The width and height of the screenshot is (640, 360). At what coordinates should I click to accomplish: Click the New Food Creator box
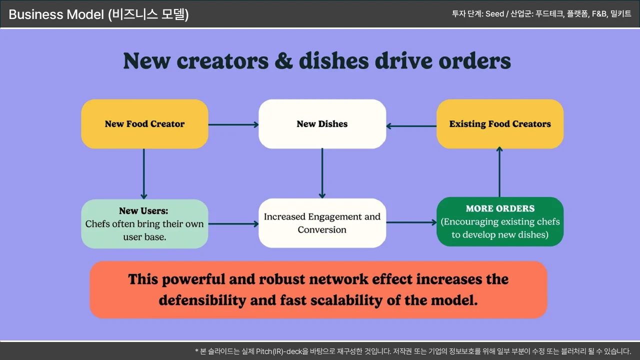click(144, 124)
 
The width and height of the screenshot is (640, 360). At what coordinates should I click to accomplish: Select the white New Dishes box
click(322, 124)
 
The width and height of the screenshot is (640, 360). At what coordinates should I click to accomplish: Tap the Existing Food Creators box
click(500, 124)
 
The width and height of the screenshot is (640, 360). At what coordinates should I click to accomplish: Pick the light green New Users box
click(144, 223)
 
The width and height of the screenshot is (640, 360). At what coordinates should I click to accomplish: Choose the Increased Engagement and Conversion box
click(322, 223)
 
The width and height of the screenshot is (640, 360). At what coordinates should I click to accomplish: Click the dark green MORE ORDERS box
click(500, 221)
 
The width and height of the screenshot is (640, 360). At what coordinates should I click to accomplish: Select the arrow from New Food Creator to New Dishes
click(233, 124)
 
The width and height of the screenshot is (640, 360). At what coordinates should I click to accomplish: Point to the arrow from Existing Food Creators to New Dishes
click(411, 126)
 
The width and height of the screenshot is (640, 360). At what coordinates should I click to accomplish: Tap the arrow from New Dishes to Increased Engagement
click(322, 173)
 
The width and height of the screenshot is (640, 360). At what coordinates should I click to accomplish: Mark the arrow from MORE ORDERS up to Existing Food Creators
click(499, 172)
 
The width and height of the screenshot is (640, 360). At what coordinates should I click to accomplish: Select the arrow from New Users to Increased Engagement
click(233, 224)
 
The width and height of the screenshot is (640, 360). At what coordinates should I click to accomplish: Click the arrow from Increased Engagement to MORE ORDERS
click(411, 222)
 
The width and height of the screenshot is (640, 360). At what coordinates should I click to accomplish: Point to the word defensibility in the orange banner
click(202, 300)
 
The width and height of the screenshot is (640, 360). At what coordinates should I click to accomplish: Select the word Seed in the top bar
click(494, 14)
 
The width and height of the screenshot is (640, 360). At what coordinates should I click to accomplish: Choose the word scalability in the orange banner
click(362, 300)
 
